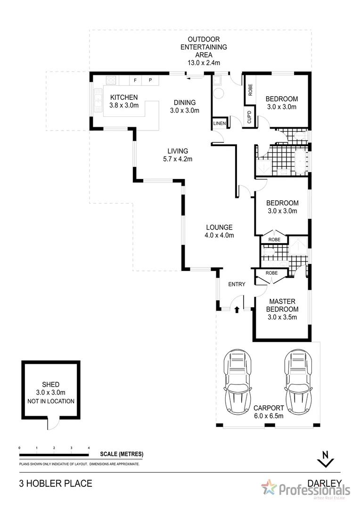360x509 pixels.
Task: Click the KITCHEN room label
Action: (124, 98)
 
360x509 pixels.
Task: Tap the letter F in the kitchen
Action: (135, 80)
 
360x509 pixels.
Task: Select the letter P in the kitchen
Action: (150, 80)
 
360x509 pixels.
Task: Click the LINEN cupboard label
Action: (220, 123)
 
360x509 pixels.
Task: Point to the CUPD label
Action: (250, 117)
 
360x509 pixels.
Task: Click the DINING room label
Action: (184, 103)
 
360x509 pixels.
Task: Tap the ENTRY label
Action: (237, 284)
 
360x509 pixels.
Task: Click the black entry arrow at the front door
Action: (237, 309)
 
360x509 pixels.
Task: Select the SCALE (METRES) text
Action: (122, 454)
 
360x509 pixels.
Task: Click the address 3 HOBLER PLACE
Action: (55, 484)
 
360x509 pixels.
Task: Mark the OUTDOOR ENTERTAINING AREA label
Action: (204, 47)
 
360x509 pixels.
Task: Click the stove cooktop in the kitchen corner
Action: (111, 80)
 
